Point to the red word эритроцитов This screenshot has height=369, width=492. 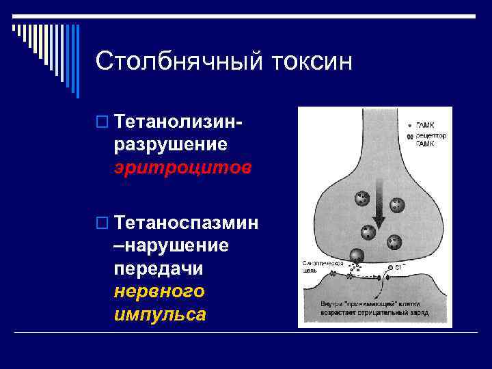pos(183,167)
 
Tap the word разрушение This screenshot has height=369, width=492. pos(171,146)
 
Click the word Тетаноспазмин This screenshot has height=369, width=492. pos(187,223)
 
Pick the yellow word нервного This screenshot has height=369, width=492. pos(159,291)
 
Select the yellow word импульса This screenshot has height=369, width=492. pos(161,314)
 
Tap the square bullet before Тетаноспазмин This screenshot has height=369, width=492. pos(102,223)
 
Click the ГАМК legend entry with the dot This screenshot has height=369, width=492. pos(422,126)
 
